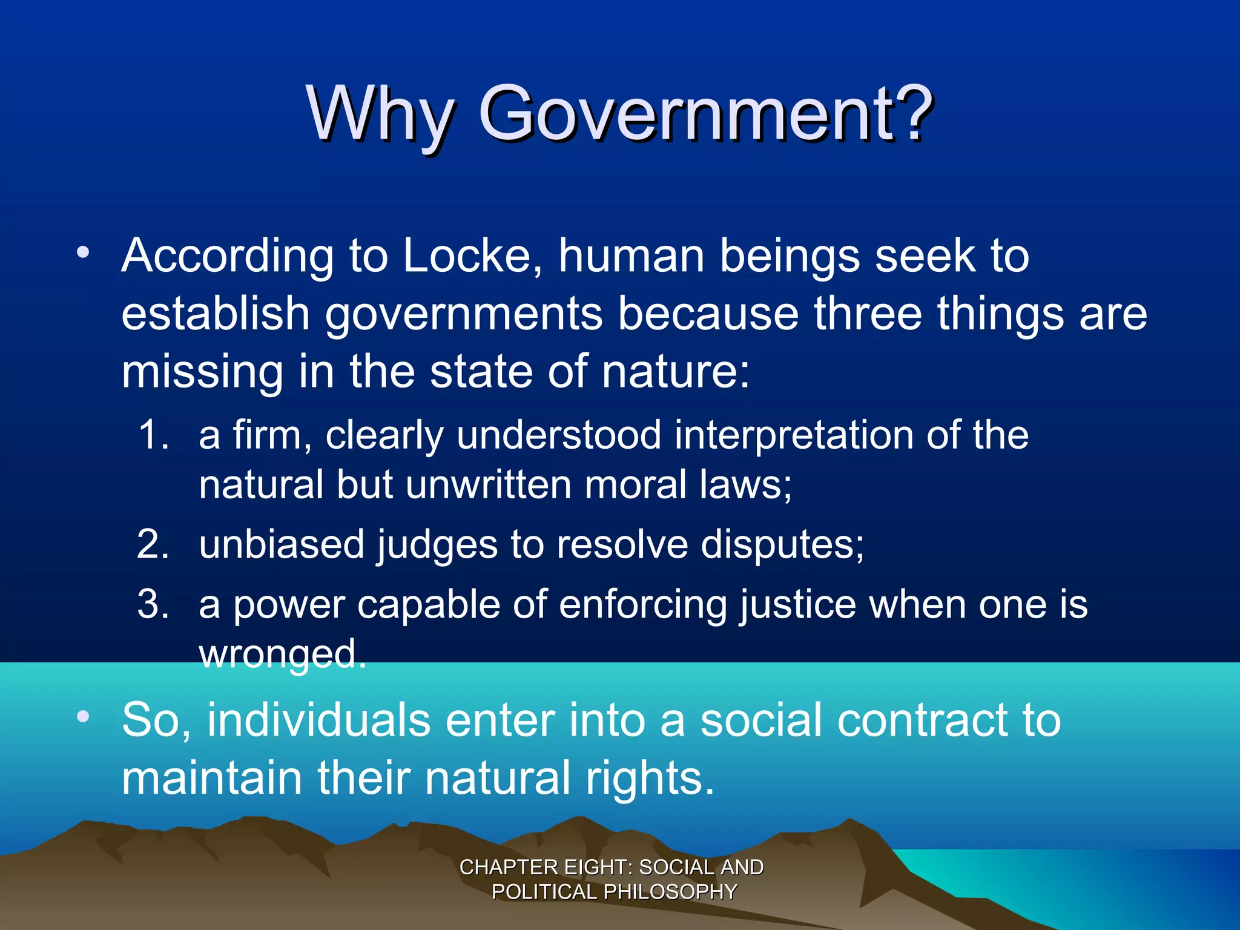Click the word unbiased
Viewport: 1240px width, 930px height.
click(282, 544)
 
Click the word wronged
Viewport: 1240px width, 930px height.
click(282, 654)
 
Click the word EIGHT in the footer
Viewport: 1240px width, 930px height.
click(597, 867)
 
